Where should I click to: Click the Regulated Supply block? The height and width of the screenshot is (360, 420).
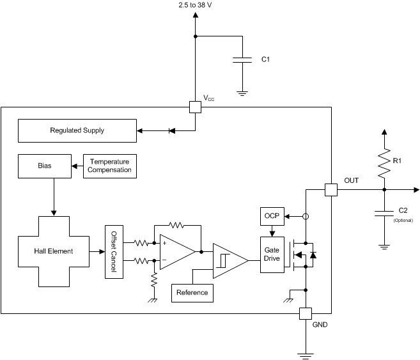[77, 130]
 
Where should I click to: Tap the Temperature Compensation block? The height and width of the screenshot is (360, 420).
[110, 166]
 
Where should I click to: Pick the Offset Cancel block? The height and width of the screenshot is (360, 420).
[114, 251]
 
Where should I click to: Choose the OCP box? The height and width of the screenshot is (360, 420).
[269, 216]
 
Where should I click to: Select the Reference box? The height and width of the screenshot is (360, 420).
[192, 292]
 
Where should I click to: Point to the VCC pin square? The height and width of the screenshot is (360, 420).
[195, 107]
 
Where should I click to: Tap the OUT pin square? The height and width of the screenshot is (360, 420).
[331, 190]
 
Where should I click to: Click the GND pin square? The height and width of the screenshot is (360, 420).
[305, 313]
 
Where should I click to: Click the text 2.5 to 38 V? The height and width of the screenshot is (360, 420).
[195, 5]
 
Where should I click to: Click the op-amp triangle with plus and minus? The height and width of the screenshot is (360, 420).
[175, 251]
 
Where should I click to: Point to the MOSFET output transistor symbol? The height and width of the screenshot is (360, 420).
[302, 254]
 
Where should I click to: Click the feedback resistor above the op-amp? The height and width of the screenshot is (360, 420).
[176, 225]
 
